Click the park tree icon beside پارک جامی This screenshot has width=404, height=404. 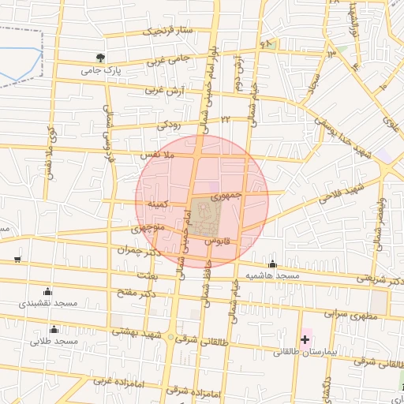pyautogui.click(x=100, y=58)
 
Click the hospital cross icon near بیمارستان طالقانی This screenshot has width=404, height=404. pyautogui.click(x=305, y=339)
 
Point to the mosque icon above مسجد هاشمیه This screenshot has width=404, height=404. pyautogui.click(x=273, y=264)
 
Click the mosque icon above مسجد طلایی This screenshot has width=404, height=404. pyautogui.click(x=54, y=329)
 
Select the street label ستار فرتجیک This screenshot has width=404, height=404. pyautogui.click(x=167, y=32)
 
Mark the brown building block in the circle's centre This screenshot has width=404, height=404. pyautogui.click(x=204, y=215)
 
